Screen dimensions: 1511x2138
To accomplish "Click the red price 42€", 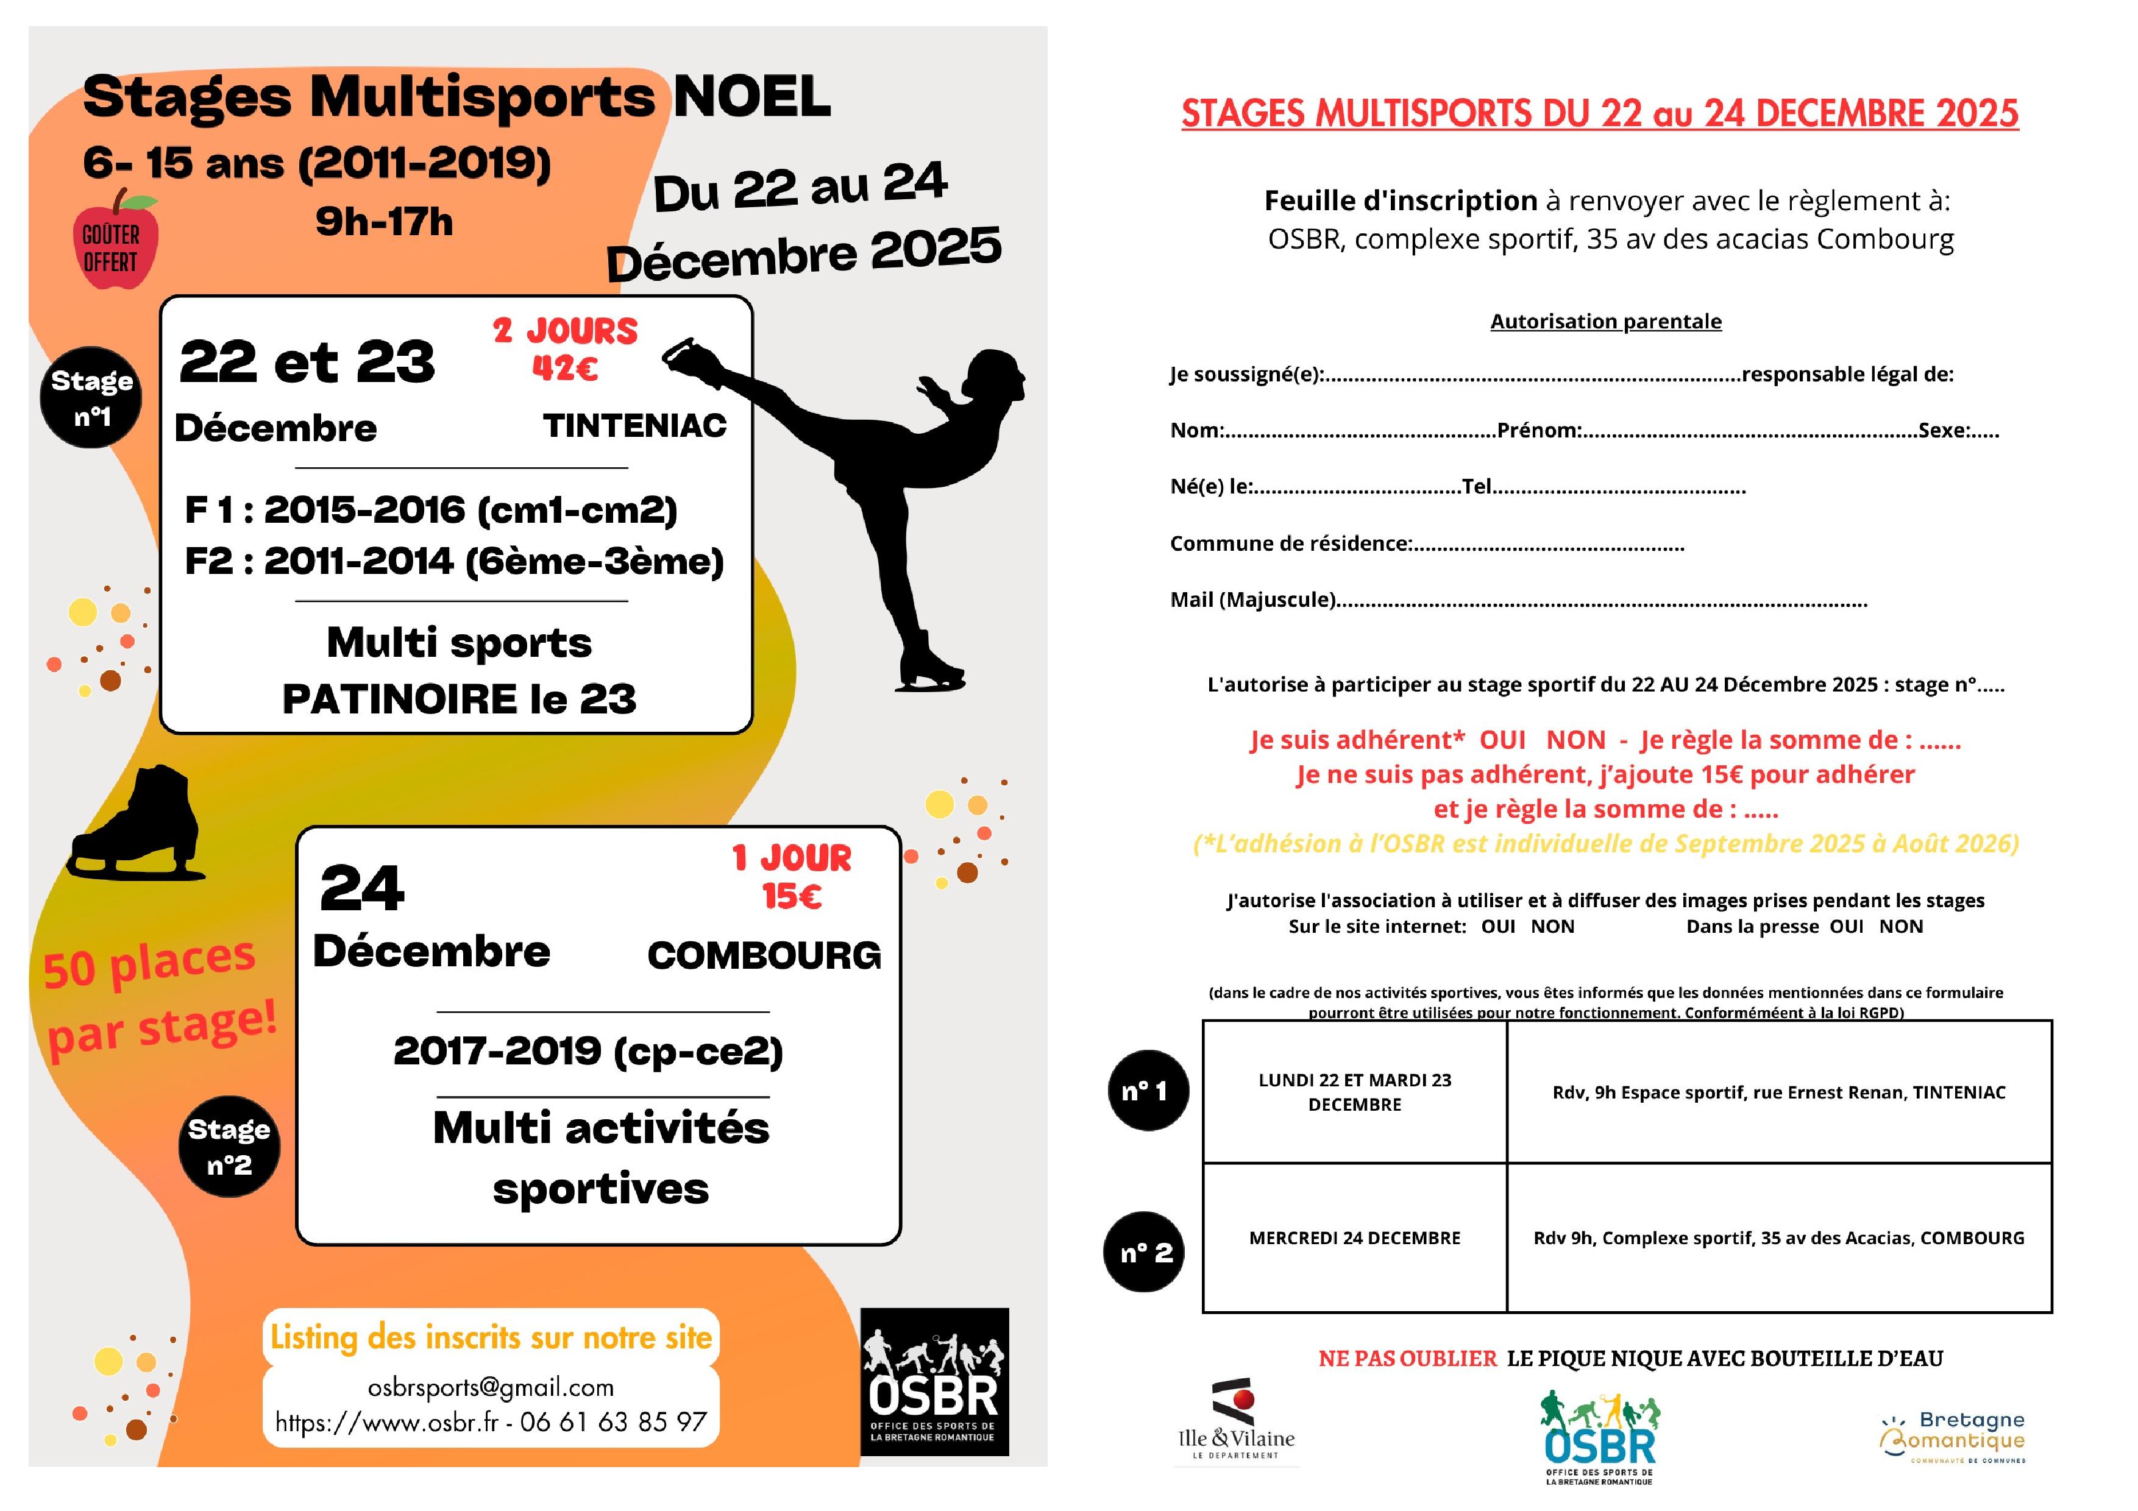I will tap(564, 369).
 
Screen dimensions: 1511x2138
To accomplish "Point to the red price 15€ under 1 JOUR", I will tap(792, 896).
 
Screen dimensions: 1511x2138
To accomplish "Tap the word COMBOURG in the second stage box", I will tap(764, 955).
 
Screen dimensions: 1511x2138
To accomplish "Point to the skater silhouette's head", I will tap(995, 377).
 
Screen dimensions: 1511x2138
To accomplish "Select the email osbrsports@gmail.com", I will tap(491, 1387).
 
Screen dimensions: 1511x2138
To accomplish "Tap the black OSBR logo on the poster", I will tap(934, 1382).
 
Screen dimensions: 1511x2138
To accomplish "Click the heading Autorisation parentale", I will tap(1605, 321).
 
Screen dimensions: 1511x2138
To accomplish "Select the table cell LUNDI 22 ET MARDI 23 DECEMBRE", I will tap(1354, 1092).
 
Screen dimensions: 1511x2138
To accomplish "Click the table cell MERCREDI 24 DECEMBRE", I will tap(1354, 1238).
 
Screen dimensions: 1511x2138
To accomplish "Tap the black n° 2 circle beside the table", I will tap(1145, 1252).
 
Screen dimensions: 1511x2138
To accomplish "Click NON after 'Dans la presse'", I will tap(1900, 926).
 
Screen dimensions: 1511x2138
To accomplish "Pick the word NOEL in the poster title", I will tap(751, 97).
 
